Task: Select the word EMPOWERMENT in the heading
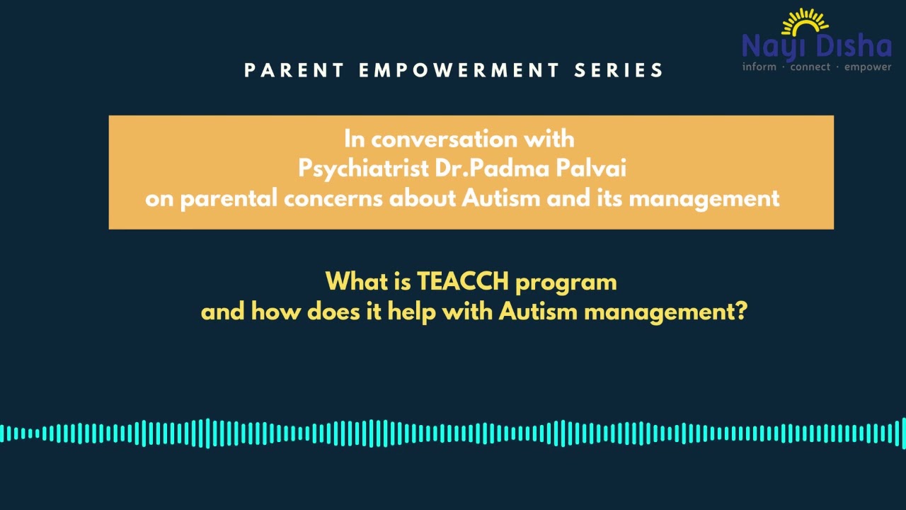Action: pyautogui.click(x=459, y=70)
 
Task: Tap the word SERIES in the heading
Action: pyautogui.click(x=619, y=70)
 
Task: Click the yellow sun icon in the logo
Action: pyautogui.click(x=804, y=23)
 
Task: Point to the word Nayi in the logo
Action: pyautogui.click(x=774, y=47)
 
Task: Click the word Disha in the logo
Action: pyautogui.click(x=854, y=47)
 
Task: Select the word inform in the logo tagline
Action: pyautogui.click(x=759, y=67)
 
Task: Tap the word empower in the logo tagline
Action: pyautogui.click(x=868, y=67)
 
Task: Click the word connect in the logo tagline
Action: pyautogui.click(x=810, y=67)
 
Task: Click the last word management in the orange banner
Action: pyautogui.click(x=704, y=199)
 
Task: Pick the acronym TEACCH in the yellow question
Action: pyautogui.click(x=462, y=282)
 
